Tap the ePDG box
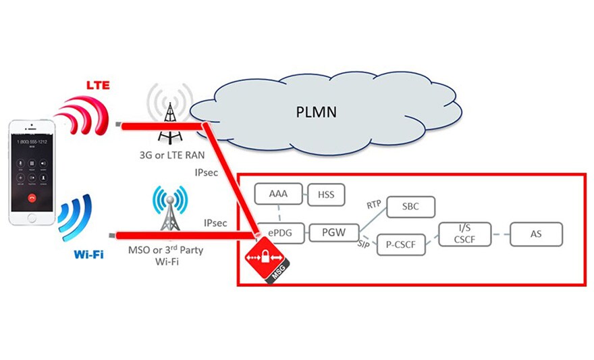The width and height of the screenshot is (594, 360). [279, 234]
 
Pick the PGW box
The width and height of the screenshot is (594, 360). [332, 234]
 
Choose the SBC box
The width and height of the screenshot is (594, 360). [410, 206]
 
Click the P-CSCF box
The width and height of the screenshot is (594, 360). [401, 244]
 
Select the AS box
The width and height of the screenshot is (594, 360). [536, 234]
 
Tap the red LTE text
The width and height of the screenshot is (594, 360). [96, 83]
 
